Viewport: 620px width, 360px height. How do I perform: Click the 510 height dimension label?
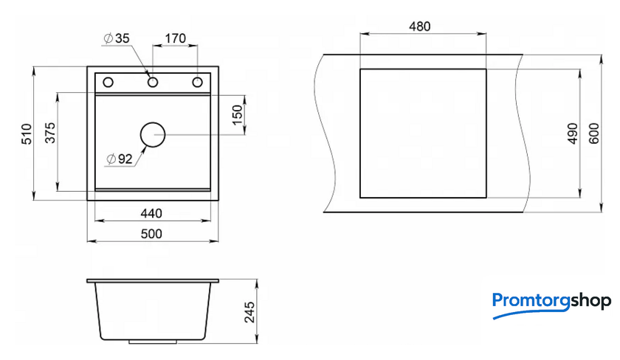tap(27, 134)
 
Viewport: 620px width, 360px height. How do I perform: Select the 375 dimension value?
tap(50, 132)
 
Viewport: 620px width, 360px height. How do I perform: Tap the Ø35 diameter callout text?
tap(117, 38)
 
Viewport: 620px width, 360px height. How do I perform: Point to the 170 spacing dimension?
tap(175, 38)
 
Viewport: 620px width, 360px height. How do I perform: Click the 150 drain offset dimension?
tap(237, 115)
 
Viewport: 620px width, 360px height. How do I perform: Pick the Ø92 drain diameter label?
tap(120, 159)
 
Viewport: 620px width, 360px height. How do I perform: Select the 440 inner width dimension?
tap(151, 213)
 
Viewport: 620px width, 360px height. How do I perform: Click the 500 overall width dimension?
tap(151, 234)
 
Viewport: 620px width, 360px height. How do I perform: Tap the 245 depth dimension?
tap(250, 312)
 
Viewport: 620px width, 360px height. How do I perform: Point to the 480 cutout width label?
tap(419, 27)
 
